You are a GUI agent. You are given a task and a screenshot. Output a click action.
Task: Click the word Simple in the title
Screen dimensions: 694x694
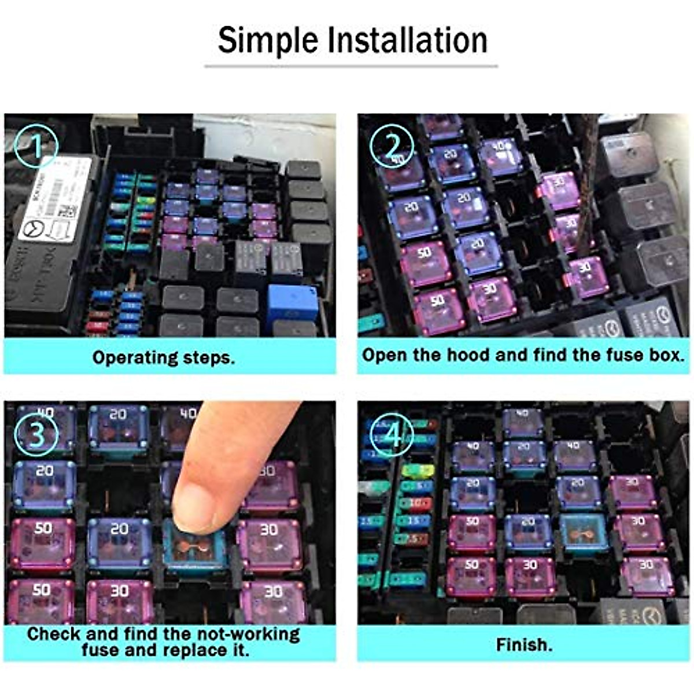pos(268,40)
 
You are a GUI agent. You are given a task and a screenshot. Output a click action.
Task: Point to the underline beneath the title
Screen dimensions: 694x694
pos(350,66)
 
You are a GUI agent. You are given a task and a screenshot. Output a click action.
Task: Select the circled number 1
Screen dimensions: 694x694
pos(36,146)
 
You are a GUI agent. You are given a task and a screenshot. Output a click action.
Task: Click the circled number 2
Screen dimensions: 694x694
pos(392,144)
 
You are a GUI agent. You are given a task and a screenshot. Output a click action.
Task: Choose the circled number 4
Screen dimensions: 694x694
pos(392,434)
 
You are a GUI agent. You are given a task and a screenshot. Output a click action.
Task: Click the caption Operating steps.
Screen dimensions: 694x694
pos(164,357)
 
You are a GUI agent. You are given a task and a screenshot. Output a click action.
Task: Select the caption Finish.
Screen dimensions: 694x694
pos(524,644)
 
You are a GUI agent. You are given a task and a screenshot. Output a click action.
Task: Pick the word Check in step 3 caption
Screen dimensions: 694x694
pos(53,634)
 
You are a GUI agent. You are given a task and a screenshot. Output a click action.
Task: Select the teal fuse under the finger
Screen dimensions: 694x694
pos(194,549)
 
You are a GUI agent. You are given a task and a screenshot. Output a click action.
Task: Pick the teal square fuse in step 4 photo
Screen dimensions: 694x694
pos(583,532)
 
